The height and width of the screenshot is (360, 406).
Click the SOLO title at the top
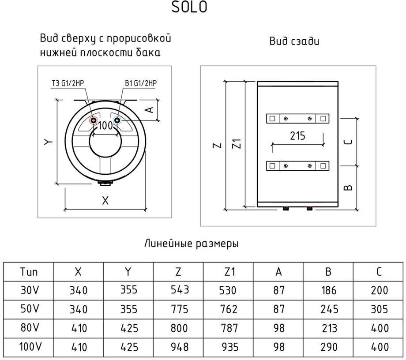point(189,7)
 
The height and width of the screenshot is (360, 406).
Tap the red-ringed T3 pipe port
point(94,120)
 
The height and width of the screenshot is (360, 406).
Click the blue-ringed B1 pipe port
point(117,120)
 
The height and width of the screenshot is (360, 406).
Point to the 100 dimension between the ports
point(105,126)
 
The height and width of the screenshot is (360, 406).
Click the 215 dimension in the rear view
point(297,136)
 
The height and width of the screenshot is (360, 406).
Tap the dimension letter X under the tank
point(105,201)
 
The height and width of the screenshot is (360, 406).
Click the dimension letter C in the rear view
point(348,142)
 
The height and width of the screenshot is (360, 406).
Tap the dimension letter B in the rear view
point(348,187)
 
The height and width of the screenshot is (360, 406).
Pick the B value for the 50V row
point(328,309)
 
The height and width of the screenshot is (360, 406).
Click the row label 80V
point(29,328)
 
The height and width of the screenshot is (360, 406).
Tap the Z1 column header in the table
point(229,272)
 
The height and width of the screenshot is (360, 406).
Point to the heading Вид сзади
point(294,41)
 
